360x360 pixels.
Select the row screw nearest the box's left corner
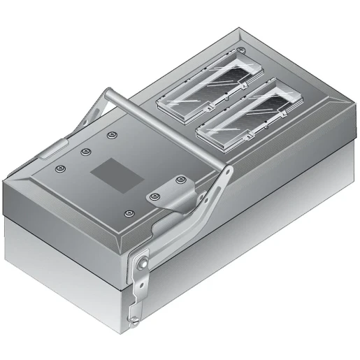[61, 168]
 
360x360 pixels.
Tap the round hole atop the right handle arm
[226, 171]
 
